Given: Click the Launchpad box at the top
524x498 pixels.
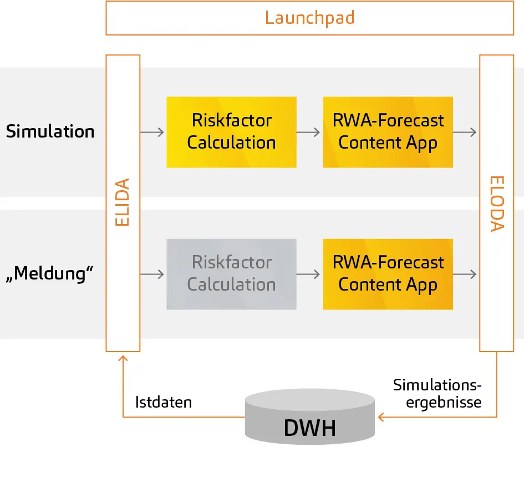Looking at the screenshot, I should [x=309, y=18].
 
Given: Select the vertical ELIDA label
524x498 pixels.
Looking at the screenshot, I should [x=123, y=202].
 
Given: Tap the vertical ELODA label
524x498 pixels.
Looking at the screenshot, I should [x=497, y=203].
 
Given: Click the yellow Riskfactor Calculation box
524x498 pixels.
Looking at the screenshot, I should [x=231, y=132].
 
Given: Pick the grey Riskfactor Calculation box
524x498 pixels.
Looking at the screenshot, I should [x=231, y=274].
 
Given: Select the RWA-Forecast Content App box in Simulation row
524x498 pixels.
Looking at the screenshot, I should [x=388, y=132].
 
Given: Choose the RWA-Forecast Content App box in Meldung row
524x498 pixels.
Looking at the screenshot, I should [x=388, y=274].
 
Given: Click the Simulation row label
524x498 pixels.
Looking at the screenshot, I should [x=50, y=132].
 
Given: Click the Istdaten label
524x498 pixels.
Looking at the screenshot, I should [x=164, y=402].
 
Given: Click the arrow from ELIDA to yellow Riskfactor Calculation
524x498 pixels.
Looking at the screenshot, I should [x=153, y=132].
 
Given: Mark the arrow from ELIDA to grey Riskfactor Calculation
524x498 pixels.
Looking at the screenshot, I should [x=153, y=274].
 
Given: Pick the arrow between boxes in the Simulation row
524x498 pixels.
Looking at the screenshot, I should [x=309, y=132].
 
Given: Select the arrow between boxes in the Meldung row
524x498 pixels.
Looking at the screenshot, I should [x=309, y=274].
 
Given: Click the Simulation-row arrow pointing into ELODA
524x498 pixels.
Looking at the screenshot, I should [x=466, y=132].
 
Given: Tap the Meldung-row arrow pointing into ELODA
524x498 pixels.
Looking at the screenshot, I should [x=466, y=274].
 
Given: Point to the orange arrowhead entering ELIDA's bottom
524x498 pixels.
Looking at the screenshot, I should [x=123, y=358].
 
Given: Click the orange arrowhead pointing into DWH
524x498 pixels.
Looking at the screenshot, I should [x=381, y=417].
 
